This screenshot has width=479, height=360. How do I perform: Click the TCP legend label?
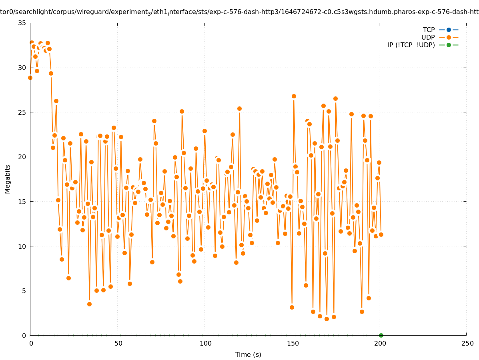tap(429, 30)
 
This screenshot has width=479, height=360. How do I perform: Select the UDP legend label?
tap(428, 38)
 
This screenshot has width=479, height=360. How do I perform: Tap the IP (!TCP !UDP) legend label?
tap(411, 45)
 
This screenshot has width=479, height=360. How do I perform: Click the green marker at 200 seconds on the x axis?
tap(381, 335)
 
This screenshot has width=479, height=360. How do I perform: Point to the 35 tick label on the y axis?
tap(22, 23)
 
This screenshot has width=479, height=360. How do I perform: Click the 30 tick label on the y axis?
tap(22, 68)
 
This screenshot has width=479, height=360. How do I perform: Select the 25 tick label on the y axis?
tap(22, 112)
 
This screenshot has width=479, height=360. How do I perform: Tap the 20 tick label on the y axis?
tap(22, 157)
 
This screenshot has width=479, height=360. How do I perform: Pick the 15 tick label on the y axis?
tap(22, 202)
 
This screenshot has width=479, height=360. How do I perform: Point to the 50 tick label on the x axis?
tap(118, 344)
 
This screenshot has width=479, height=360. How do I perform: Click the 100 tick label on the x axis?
tap(205, 344)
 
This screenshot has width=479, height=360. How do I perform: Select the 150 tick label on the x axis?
tap(292, 344)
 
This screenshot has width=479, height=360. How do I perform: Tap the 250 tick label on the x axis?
tap(467, 344)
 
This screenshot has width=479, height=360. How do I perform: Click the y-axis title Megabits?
tap(8, 179)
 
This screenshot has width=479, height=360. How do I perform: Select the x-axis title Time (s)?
tap(248, 355)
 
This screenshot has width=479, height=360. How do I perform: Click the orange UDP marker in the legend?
tap(449, 38)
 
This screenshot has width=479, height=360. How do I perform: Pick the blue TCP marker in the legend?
tap(449, 30)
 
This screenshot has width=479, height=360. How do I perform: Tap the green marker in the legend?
tap(449, 45)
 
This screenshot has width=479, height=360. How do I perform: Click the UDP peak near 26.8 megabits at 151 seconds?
tap(294, 96)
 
